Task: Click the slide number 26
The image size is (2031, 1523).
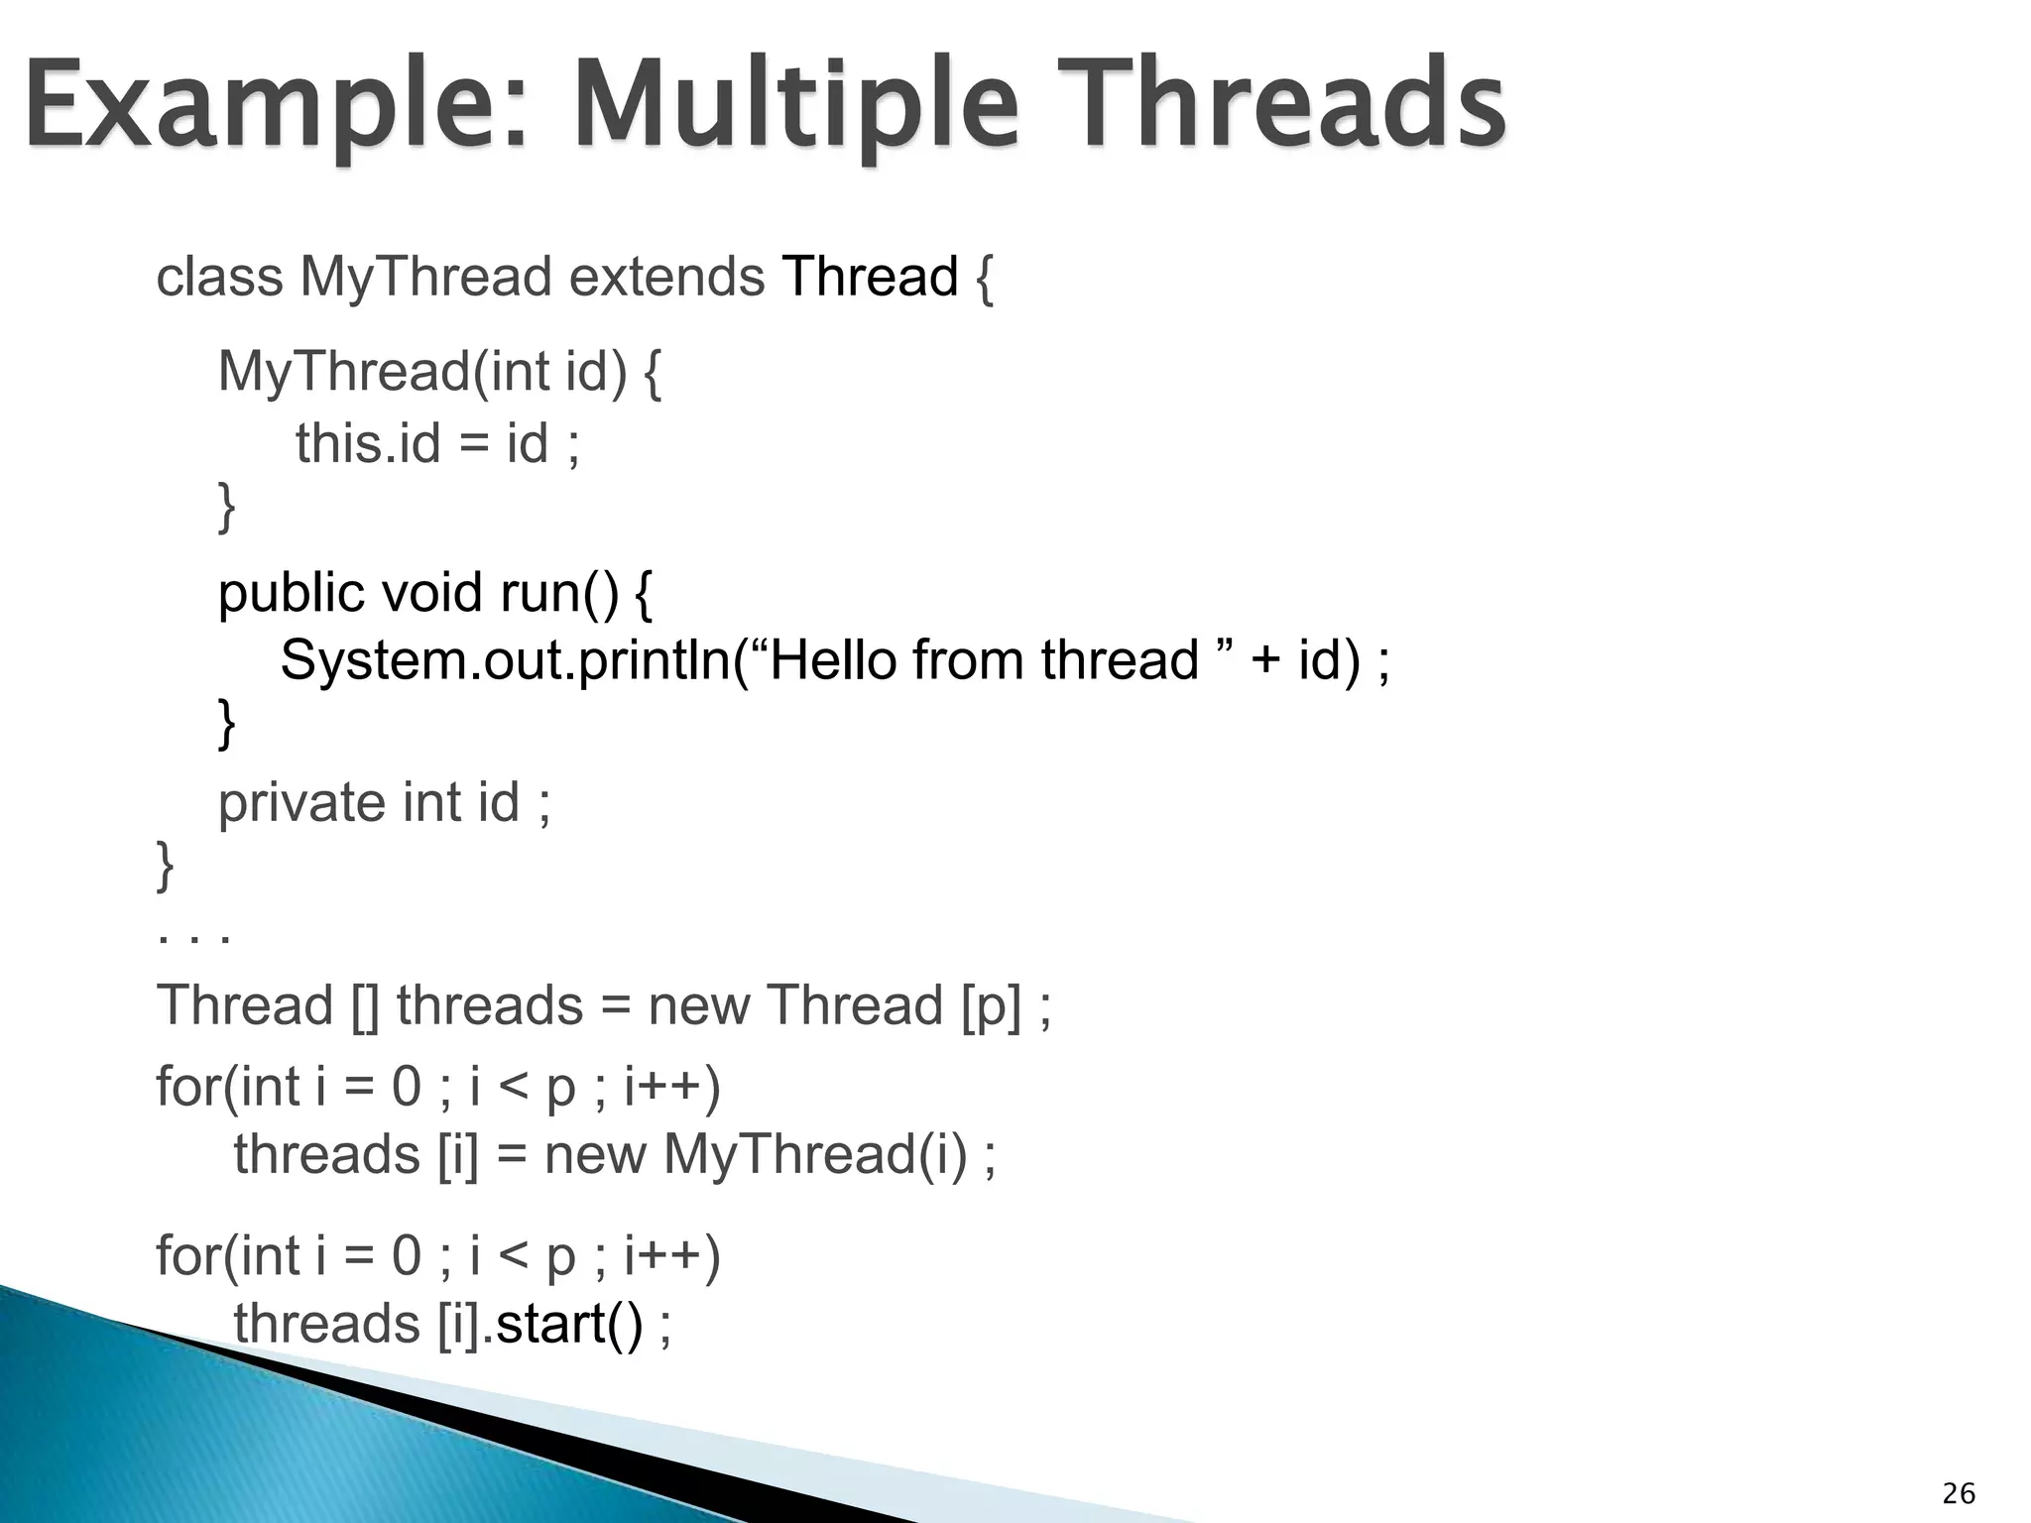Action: pyautogui.click(x=1959, y=1493)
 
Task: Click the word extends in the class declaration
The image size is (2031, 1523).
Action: pyautogui.click(x=666, y=277)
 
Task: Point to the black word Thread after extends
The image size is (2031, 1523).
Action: pyautogui.click(x=870, y=277)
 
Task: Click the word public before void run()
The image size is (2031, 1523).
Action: pyautogui.click(x=292, y=594)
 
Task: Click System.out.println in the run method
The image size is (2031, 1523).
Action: pyautogui.click(x=506, y=660)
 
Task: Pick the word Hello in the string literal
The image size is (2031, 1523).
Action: pyautogui.click(x=833, y=660)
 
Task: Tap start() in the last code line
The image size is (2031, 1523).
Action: pyautogui.click(x=568, y=1325)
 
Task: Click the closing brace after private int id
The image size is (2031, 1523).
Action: pyautogui.click(x=166, y=865)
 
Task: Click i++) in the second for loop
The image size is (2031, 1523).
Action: pyautogui.click(x=671, y=1256)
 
